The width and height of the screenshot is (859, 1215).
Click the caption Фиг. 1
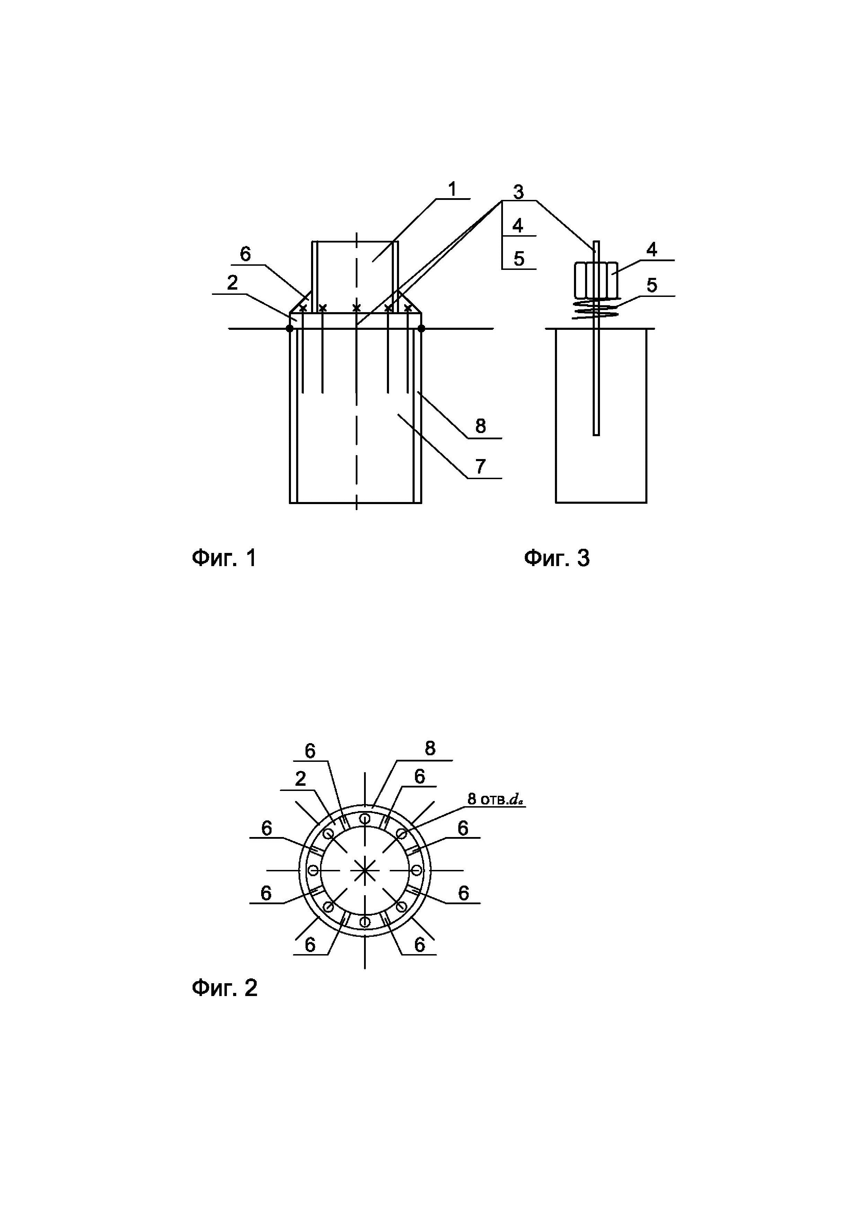[x=224, y=558]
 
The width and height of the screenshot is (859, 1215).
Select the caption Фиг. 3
[x=557, y=558]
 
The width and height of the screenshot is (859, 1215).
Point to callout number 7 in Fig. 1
[x=480, y=467]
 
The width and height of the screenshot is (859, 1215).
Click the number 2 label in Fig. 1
[x=232, y=283]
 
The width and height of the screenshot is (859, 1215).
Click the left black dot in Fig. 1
[x=289, y=329]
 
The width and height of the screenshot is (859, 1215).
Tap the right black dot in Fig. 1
[x=421, y=329]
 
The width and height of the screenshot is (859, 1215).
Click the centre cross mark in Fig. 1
[x=356, y=307]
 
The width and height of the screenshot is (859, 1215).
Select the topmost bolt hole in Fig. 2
[x=364, y=819]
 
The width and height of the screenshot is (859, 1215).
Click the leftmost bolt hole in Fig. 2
[x=313, y=871]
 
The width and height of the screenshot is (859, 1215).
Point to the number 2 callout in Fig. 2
[x=300, y=778]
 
